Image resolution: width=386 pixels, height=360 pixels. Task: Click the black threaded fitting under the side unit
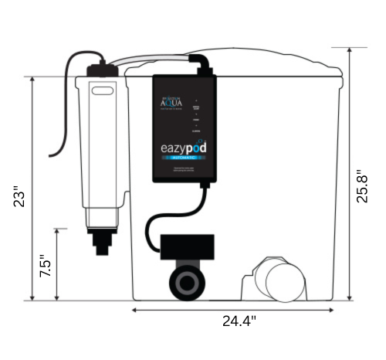[100, 239]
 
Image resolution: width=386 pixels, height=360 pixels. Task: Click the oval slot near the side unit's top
[101, 90]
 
